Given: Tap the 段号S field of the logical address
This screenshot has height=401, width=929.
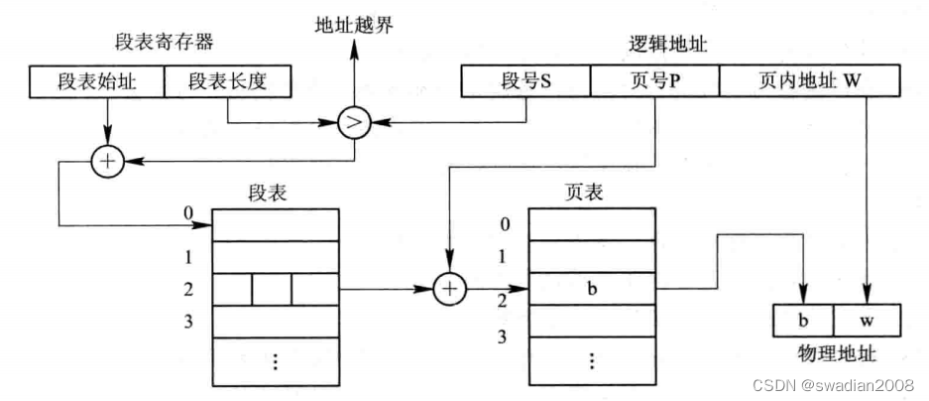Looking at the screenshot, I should tap(525, 81).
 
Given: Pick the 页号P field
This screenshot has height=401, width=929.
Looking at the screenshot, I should tap(655, 81).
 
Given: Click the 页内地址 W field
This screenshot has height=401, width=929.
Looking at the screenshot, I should tap(809, 81).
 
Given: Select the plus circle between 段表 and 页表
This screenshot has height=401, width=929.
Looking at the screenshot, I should tap(449, 288).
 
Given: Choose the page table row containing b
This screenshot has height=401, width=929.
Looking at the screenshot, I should tap(591, 289).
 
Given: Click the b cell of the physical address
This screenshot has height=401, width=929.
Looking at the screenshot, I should tap(802, 320).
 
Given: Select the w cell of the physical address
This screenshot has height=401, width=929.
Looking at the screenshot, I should tap(866, 320).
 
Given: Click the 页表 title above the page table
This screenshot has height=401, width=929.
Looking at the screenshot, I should tap(590, 194).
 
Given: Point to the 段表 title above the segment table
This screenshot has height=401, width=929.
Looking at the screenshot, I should tap(274, 194).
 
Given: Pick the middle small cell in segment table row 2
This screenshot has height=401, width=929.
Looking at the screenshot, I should tap(273, 289).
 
